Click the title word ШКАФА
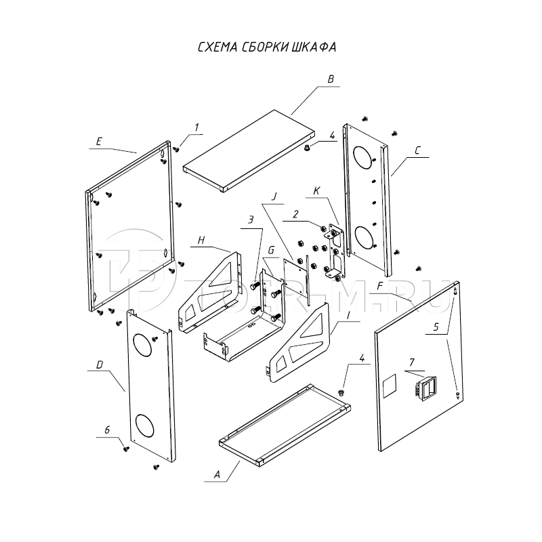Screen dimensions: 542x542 (315, 48)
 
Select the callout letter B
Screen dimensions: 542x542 (331, 80)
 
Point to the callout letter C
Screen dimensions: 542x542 (417, 153)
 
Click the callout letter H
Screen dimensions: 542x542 (201, 241)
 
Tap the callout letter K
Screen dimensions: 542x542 (316, 191)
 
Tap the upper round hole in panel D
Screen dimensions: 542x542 (144, 344)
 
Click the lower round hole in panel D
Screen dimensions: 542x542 (144, 425)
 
